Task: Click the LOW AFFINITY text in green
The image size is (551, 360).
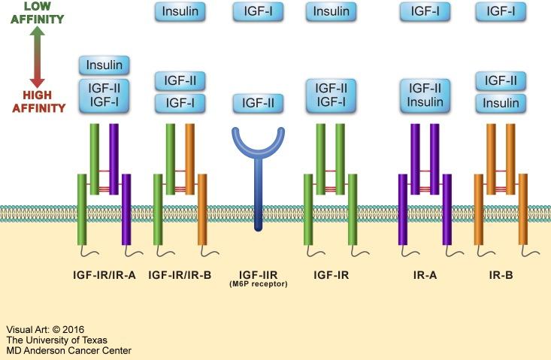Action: click(x=32, y=13)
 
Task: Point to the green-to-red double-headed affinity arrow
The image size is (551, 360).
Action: click(x=32, y=56)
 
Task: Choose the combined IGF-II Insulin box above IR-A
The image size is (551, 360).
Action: click(x=421, y=95)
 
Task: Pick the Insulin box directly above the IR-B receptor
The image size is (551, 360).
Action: click(x=501, y=103)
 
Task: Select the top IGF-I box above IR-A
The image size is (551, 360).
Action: click(x=421, y=11)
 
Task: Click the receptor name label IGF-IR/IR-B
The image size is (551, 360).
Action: click(x=180, y=275)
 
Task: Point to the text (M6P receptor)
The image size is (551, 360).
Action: click(x=258, y=286)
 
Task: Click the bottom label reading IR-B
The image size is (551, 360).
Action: click(x=501, y=275)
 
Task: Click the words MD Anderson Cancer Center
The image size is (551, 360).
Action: click(x=68, y=350)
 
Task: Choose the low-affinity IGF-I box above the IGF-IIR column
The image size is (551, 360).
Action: click(x=258, y=11)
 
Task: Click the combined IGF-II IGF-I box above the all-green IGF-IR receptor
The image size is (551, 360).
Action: click(x=331, y=95)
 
